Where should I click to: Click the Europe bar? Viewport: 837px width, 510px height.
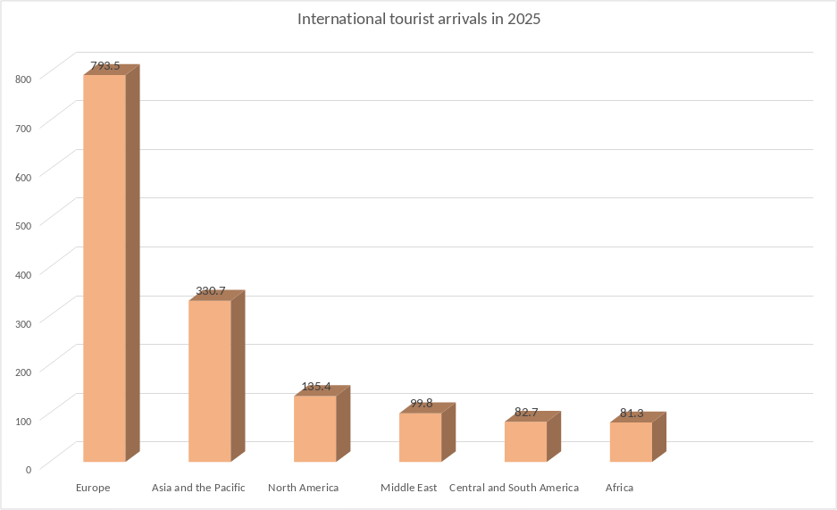[x=105, y=268]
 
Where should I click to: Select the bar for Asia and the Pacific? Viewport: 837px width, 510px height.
[x=210, y=381]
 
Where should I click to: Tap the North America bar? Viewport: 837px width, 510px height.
[x=314, y=429]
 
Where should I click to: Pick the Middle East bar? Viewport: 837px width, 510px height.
[x=420, y=438]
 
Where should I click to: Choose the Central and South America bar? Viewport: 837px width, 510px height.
[x=525, y=441]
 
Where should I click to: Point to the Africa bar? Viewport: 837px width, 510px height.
[x=631, y=442]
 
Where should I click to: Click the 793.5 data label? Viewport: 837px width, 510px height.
[x=105, y=66]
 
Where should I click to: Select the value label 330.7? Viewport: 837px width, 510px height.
[x=210, y=291]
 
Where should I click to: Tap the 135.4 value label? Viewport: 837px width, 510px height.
[x=315, y=387]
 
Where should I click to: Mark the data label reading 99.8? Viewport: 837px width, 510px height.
[x=421, y=404]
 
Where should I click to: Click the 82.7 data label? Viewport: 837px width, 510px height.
[x=526, y=413]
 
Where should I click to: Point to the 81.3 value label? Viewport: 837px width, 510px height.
[x=632, y=414]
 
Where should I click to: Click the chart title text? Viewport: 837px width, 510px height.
[x=418, y=19]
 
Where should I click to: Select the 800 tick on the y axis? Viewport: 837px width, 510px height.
[x=23, y=79]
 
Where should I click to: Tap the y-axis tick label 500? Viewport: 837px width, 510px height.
[x=23, y=225]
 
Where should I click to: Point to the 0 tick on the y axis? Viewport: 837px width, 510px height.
[x=29, y=469]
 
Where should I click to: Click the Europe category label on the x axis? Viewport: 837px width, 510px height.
[x=93, y=488]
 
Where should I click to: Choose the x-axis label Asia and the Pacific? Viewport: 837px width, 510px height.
[x=198, y=488]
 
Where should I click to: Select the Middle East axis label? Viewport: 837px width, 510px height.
[x=408, y=488]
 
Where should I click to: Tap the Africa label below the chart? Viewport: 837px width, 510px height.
[x=619, y=488]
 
